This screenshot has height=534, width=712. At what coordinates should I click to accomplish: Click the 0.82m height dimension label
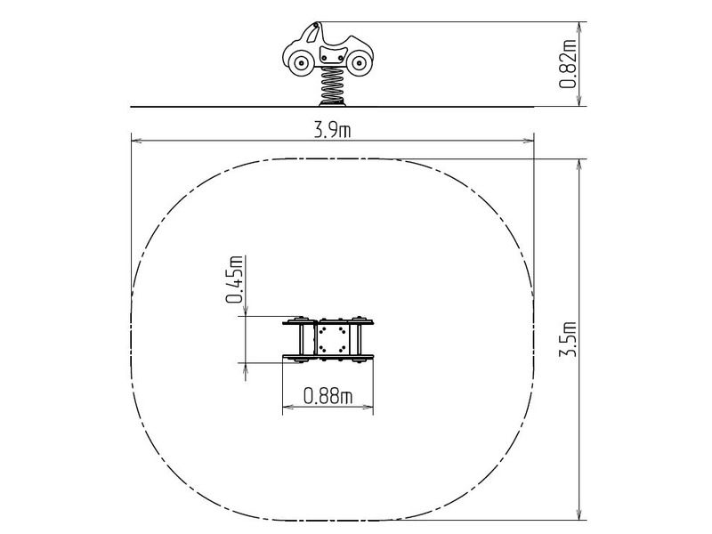(x=568, y=64)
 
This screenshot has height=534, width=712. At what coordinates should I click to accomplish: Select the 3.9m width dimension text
(x=332, y=131)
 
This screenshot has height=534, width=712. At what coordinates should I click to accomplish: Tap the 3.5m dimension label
(x=568, y=339)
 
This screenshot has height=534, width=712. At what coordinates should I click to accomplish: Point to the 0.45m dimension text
(x=234, y=279)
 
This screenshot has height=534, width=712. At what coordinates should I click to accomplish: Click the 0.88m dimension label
(x=328, y=396)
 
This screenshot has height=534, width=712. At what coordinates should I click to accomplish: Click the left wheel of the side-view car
(x=301, y=63)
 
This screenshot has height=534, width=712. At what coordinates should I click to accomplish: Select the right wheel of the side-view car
(x=359, y=63)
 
